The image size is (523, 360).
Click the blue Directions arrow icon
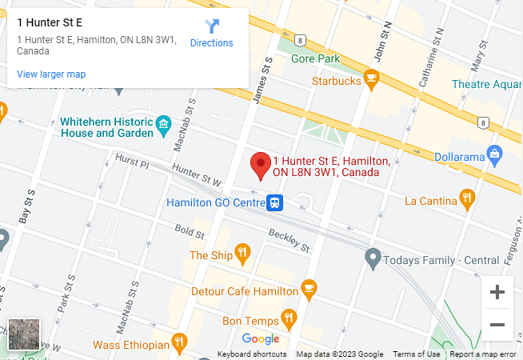(211, 26)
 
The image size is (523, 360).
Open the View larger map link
(51, 74)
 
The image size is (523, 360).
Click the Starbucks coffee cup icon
(370, 78)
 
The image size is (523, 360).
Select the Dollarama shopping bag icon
(494, 152)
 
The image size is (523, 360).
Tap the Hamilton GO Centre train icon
(275, 202)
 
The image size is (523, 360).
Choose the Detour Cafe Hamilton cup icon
(309, 287)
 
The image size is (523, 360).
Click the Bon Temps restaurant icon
(289, 318)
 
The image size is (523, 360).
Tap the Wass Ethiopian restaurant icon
(180, 344)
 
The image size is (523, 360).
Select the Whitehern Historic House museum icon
(164, 122)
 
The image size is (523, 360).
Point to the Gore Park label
(316, 58)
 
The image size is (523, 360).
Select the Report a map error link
(483, 354)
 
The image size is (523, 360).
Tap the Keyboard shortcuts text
(252, 354)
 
